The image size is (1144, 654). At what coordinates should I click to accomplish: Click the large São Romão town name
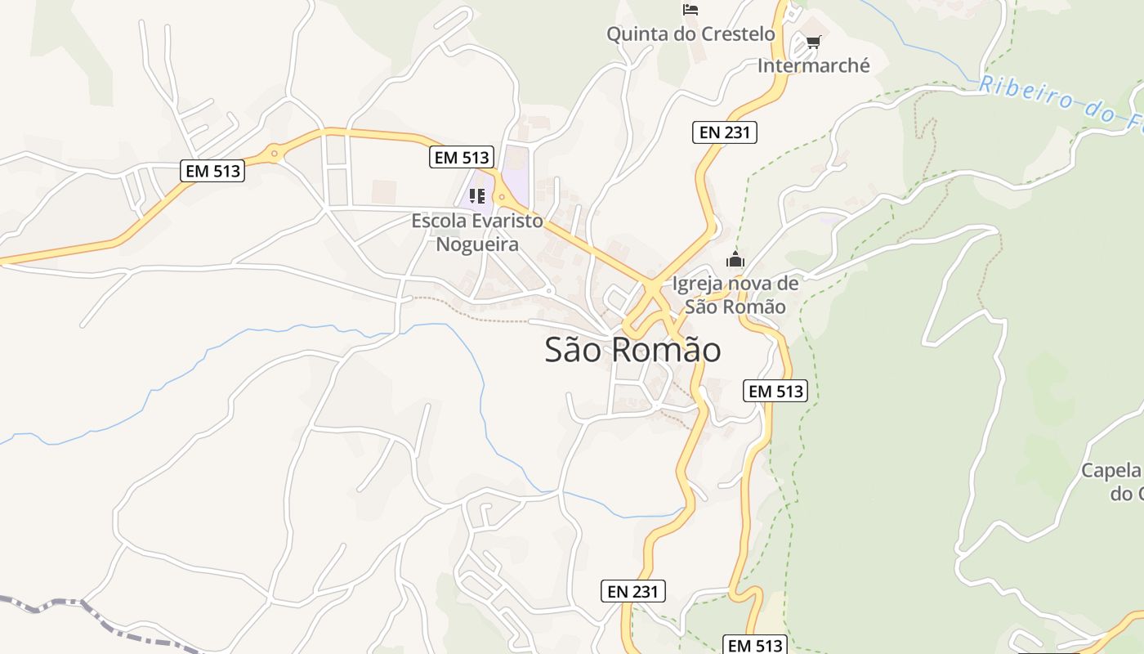pyautogui.click(x=632, y=350)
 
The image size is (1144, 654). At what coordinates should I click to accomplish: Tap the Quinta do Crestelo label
pyautogui.click(x=690, y=34)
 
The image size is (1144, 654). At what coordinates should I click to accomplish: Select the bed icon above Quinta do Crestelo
pyautogui.click(x=690, y=10)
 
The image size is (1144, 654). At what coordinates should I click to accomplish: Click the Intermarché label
pyautogui.click(x=814, y=65)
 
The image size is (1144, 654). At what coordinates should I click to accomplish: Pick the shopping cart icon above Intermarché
pyautogui.click(x=813, y=42)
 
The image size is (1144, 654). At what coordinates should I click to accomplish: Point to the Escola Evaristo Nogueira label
pyautogui.click(x=477, y=232)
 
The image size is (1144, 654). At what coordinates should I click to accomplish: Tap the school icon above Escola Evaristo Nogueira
pyautogui.click(x=477, y=196)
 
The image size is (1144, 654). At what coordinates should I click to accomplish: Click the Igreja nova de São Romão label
pyautogui.click(x=735, y=295)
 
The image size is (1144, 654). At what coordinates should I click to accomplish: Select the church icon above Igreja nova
pyautogui.click(x=735, y=260)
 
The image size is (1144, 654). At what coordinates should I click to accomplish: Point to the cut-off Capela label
pyautogui.click(x=1111, y=482)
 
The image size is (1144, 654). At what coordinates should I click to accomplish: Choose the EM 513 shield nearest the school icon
pyautogui.click(x=462, y=158)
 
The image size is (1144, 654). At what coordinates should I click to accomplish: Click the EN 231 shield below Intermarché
pyautogui.click(x=725, y=132)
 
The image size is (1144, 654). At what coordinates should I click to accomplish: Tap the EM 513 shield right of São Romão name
pyautogui.click(x=775, y=392)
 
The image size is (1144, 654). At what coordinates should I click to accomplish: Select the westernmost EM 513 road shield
pyautogui.click(x=212, y=171)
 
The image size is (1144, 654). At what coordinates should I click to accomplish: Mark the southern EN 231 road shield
pyautogui.click(x=633, y=591)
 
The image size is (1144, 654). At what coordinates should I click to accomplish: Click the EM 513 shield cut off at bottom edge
pyautogui.click(x=755, y=645)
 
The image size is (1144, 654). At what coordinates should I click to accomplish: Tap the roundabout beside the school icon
pyautogui.click(x=501, y=197)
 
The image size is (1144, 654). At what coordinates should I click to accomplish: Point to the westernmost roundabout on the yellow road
pyautogui.click(x=274, y=152)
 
